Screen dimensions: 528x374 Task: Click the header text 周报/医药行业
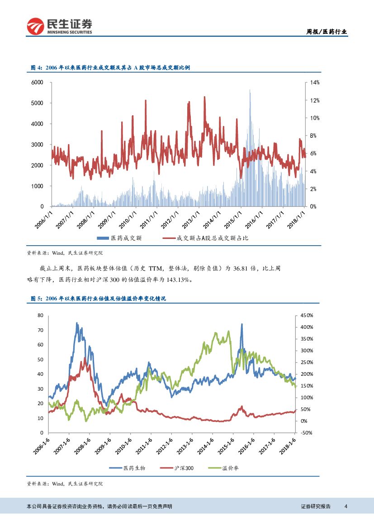327,32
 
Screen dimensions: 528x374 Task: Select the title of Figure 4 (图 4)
110,67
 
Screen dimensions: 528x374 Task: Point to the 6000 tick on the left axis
37,82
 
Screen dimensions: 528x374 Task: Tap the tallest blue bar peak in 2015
250,90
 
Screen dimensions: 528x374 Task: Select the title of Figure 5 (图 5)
98,299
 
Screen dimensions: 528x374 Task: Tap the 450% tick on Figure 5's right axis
306,315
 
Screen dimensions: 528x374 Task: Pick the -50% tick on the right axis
306,433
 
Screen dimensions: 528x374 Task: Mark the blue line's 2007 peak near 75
76,323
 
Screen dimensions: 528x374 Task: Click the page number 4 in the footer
346,506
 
